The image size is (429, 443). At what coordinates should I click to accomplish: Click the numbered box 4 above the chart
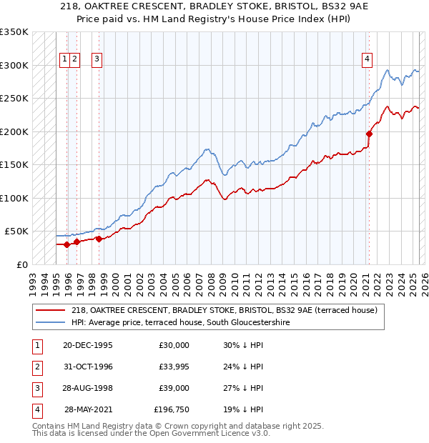pos(367,59)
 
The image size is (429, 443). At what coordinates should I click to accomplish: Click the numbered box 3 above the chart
pos(97,59)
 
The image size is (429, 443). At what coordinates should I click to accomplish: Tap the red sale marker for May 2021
pos(370,133)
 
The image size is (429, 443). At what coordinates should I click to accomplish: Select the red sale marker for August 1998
pos(99,239)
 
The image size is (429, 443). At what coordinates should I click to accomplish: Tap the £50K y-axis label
pos(17,232)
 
